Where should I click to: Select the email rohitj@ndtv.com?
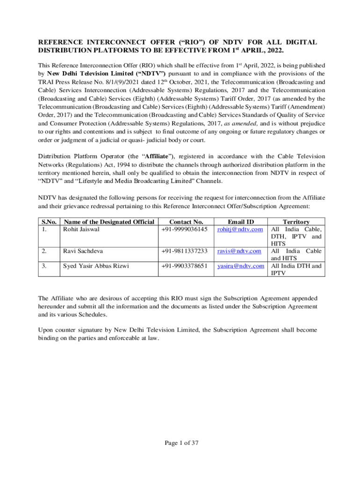(240, 229)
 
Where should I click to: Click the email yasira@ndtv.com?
(240, 266)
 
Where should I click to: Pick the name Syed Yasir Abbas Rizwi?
(96, 266)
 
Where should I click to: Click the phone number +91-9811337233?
(184, 251)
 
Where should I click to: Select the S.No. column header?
(50, 222)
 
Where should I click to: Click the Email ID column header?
(241, 222)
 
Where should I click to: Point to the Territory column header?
(296, 222)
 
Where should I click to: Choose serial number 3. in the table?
(44, 266)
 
